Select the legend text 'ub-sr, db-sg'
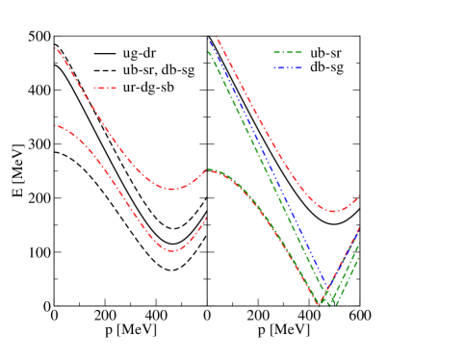point(159,70)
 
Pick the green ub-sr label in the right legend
point(326,53)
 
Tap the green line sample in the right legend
point(287,53)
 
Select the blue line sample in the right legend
point(287,68)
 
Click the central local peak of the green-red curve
point(209,169)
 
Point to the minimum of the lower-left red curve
point(172,251)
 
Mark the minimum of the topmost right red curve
point(332,211)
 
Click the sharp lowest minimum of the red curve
point(319,304)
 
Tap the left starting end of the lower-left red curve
point(57,125)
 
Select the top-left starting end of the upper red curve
point(57,48)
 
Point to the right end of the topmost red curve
point(359,196)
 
